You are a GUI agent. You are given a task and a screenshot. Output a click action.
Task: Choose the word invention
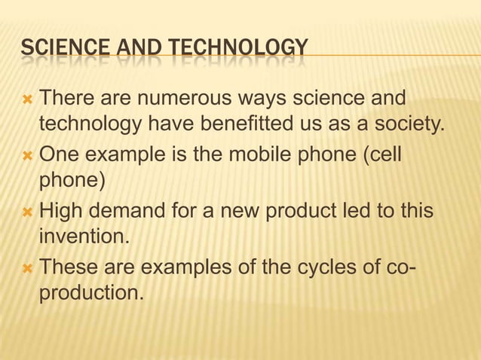(x=84, y=237)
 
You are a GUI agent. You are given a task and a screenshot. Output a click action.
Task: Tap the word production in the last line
(x=90, y=293)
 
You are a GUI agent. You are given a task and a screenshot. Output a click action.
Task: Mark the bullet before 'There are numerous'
(x=28, y=99)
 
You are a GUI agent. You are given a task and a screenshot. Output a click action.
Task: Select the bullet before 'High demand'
(x=28, y=210)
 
